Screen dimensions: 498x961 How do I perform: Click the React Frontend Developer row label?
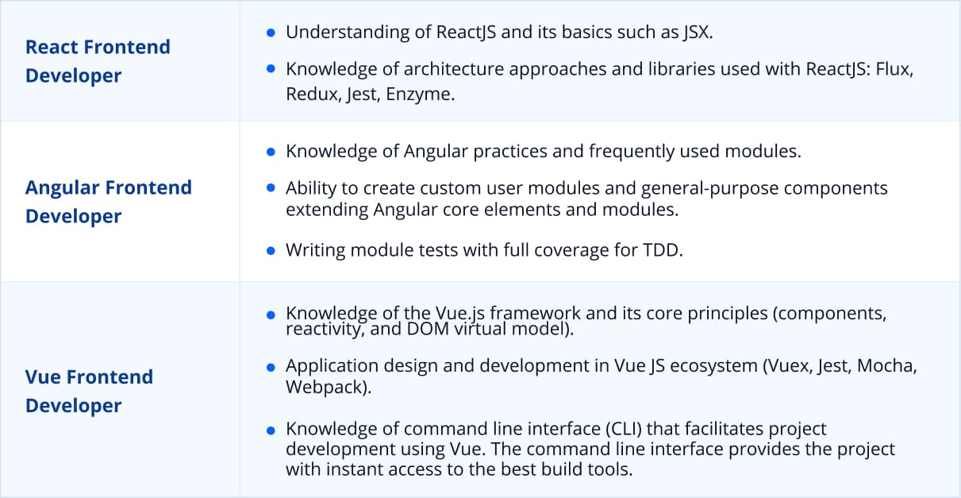click(x=98, y=61)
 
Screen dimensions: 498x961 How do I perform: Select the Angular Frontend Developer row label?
click(x=109, y=202)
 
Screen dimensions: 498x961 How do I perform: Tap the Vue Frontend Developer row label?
click(x=89, y=391)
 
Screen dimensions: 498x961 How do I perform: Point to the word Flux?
click(x=895, y=69)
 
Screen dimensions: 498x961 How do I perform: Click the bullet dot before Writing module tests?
click(x=271, y=250)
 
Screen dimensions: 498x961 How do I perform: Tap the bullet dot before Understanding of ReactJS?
click(x=271, y=33)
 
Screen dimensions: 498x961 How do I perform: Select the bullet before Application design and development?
click(x=271, y=367)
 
